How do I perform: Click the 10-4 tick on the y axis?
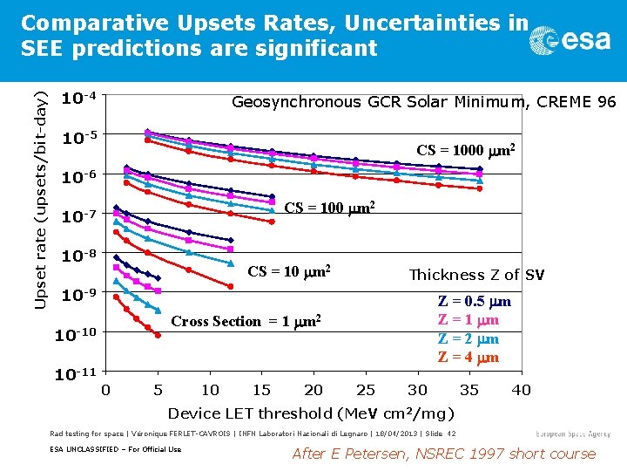(x=78, y=98)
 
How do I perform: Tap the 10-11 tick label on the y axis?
(x=77, y=374)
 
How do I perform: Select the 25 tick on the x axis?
(x=366, y=390)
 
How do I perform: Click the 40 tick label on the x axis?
(x=521, y=390)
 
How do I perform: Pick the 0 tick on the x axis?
(x=105, y=390)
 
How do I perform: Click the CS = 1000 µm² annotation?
(x=465, y=150)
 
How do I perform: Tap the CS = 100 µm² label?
(x=330, y=208)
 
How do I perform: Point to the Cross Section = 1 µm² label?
(x=246, y=320)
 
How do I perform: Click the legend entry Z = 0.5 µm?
(x=474, y=302)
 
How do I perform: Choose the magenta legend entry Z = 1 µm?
(x=468, y=320)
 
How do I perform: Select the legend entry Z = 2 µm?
(x=468, y=338)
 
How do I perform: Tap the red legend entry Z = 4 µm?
(x=468, y=357)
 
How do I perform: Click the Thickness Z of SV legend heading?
(x=476, y=275)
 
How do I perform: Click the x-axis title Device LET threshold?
(x=311, y=413)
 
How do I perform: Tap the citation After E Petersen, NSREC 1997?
(x=443, y=454)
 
